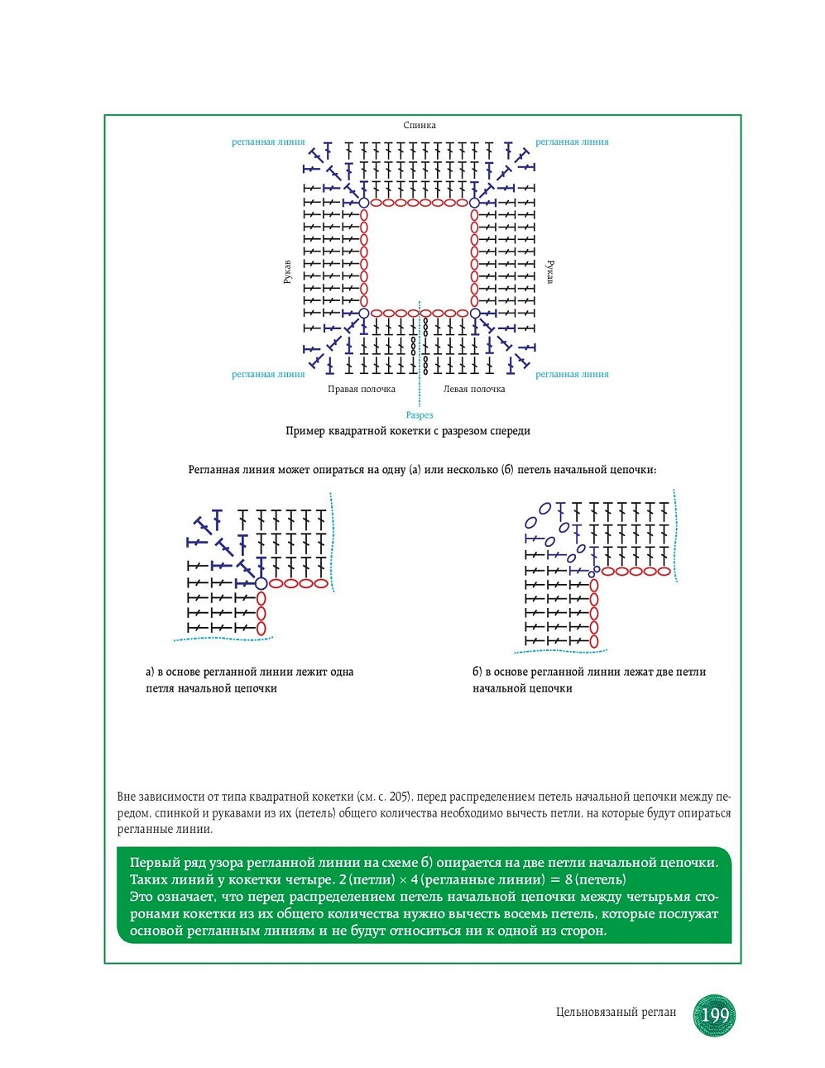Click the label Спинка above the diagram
[x=420, y=125]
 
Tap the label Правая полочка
[x=361, y=390]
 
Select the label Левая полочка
[x=473, y=390]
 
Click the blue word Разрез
[x=420, y=415]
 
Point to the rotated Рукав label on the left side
[x=287, y=272]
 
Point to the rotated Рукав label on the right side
[x=549, y=272]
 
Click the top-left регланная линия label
[x=268, y=142]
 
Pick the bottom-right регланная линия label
[x=572, y=375]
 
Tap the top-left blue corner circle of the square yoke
[x=363, y=203]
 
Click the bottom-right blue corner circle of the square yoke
[x=475, y=314]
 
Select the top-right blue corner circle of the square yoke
[x=475, y=203]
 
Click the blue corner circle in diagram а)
[x=261, y=583]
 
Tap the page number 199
[x=715, y=1014]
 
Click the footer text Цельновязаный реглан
[x=616, y=1012]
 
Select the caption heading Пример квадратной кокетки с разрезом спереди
[x=408, y=431]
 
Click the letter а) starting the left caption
[x=151, y=672]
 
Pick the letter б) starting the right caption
[x=477, y=672]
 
